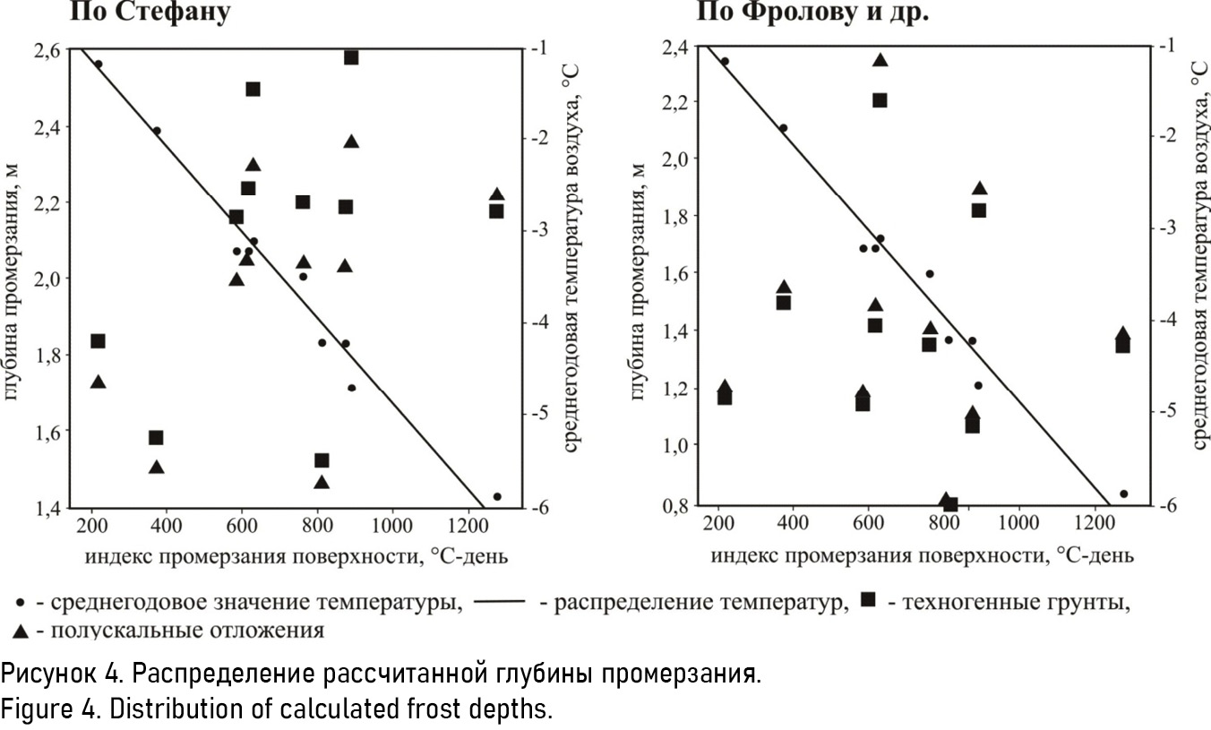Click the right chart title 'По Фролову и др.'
[x=812, y=13]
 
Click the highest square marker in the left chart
[x=351, y=57]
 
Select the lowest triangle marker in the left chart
[x=322, y=482]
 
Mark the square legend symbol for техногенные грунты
[x=867, y=601]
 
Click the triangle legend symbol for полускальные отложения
[x=21, y=631]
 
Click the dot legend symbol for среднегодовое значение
[x=21, y=602]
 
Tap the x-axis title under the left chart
[x=296, y=556]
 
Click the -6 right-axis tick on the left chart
[x=541, y=508]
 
